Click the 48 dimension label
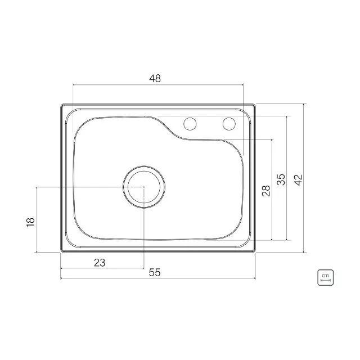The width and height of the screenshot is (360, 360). (x=155, y=79)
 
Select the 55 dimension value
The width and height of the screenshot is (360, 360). (x=155, y=272)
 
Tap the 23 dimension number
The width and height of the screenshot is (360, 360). (x=100, y=263)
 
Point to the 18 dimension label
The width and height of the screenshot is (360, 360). (x=30, y=222)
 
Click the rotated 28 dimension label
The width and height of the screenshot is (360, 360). (x=266, y=191)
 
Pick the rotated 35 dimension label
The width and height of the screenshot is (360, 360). (x=281, y=179)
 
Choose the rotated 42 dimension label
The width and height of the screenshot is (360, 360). (x=299, y=180)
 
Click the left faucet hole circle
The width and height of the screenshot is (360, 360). (x=190, y=124)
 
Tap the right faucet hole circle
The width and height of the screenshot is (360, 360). (x=229, y=124)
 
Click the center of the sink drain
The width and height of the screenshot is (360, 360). (x=144, y=187)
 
